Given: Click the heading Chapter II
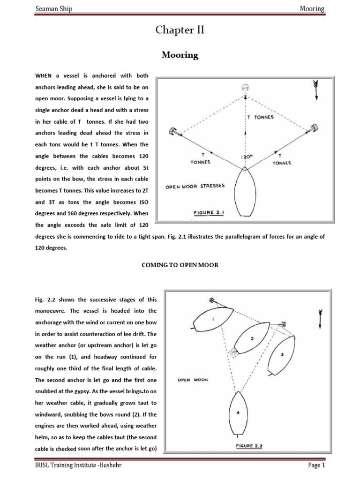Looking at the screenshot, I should coord(180,31).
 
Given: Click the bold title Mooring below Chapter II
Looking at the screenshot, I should coord(180,55).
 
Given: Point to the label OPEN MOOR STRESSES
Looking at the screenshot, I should coord(195,186).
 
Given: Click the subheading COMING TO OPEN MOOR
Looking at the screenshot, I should coord(180,265).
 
